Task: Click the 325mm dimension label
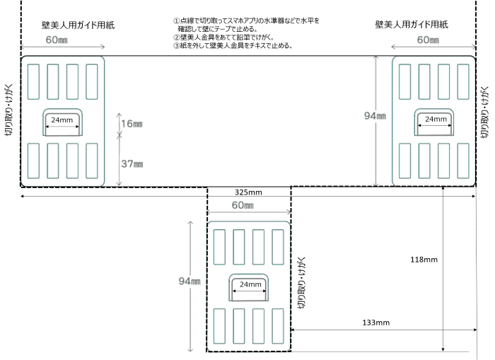(248, 192)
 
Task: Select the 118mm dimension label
(424, 260)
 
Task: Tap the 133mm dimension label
(375, 323)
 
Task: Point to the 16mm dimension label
(132, 124)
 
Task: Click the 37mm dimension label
(132, 164)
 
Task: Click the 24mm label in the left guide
(62, 120)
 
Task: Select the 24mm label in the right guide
(433, 120)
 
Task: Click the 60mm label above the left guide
(57, 40)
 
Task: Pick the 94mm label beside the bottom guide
(191, 281)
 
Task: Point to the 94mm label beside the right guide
(383, 117)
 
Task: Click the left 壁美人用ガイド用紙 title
(78, 25)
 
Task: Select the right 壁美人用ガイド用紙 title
(412, 25)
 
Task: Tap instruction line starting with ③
(232, 45)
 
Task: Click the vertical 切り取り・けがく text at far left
(8, 110)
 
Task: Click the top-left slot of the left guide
(34, 81)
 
